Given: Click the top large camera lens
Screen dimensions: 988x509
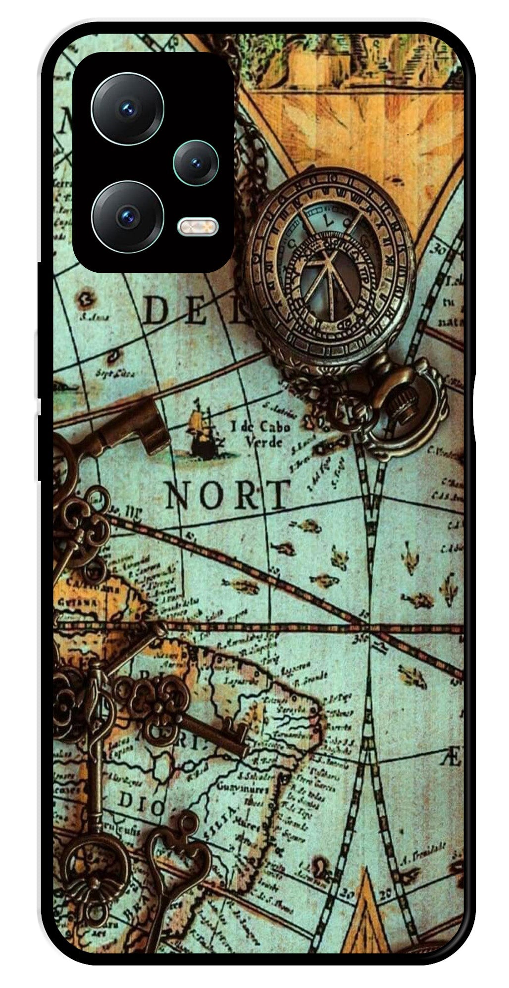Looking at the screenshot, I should pyautogui.click(x=127, y=108).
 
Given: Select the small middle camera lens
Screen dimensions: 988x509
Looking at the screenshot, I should pyautogui.click(x=196, y=162).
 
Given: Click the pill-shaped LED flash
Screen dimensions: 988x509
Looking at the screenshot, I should pyautogui.click(x=198, y=227).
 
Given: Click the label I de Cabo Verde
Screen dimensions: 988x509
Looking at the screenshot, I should pyautogui.click(x=260, y=434).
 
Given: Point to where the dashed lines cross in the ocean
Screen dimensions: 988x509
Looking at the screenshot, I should pyautogui.click(x=369, y=626).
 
